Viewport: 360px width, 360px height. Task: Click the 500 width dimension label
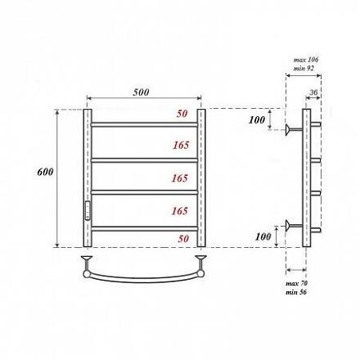141,92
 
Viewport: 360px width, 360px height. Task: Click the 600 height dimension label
45,172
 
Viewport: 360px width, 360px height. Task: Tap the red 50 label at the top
182,114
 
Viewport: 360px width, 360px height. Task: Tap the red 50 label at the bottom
183,239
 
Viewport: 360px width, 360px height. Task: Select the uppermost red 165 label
181,145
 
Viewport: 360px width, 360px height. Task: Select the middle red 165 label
180,178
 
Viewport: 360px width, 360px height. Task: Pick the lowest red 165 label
180,211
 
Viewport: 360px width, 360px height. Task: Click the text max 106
306,60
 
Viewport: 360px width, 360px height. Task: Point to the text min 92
304,68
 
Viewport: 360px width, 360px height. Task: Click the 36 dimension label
313,92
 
